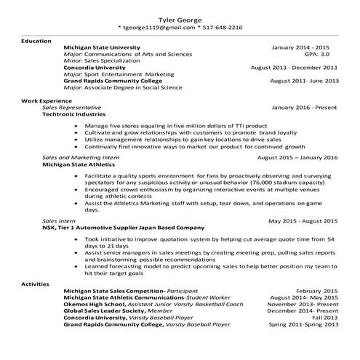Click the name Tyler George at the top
[x=180, y=18]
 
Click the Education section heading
[x=36, y=41]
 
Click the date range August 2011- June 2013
[x=303, y=81]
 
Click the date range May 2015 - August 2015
[x=303, y=220]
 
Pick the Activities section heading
[x=36, y=282]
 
